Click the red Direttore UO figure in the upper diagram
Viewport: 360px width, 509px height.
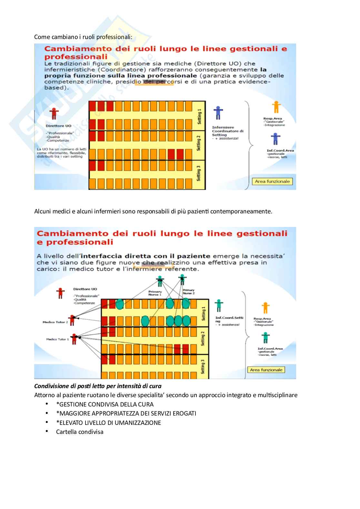tap(54, 113)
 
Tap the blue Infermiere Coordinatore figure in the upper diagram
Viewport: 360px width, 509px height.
tap(218, 113)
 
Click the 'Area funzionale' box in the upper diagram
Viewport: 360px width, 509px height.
tap(272, 181)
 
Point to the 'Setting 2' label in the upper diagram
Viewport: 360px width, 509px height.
tap(199, 143)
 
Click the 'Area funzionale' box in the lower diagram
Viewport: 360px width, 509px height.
tap(266, 370)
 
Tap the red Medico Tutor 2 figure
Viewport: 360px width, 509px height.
tap(72, 320)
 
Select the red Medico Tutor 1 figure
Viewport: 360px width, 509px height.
tap(75, 338)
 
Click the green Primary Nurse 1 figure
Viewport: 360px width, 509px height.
tap(160, 281)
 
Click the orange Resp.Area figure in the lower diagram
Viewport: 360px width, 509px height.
tap(265, 308)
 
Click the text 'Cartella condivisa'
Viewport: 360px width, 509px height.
tap(80, 432)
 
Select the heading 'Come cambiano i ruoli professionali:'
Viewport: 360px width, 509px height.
tap(83, 37)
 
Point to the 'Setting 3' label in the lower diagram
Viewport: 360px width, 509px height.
tap(203, 367)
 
